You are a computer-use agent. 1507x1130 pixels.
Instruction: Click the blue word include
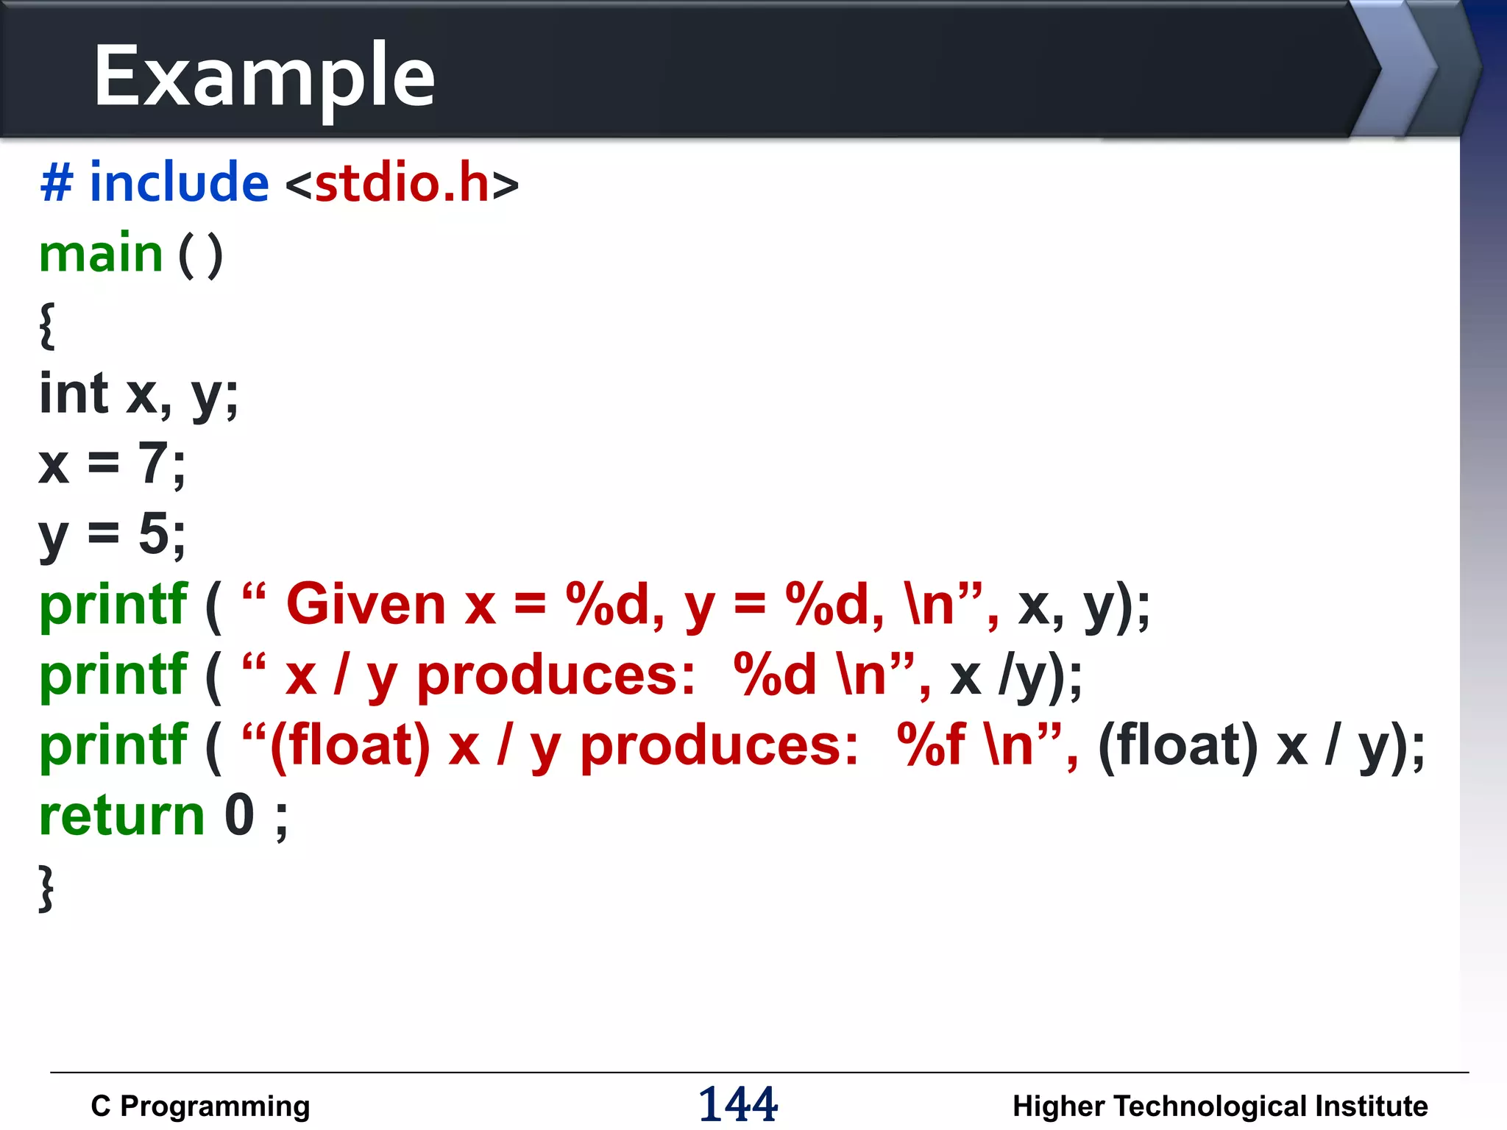[179, 182]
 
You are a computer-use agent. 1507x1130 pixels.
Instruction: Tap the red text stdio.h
[402, 183]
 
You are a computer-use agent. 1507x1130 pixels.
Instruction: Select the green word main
[101, 254]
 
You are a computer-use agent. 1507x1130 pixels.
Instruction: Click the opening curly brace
[47, 324]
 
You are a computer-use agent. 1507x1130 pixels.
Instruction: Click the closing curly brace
[46, 888]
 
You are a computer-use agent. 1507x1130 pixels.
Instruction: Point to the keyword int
[74, 394]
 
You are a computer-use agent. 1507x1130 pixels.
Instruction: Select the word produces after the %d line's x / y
[556, 675]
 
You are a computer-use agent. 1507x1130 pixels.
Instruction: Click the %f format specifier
[931, 745]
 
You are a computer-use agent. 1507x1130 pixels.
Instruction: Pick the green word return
[121, 816]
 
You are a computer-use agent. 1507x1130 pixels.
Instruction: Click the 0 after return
[239, 816]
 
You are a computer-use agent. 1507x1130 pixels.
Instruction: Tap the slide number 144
[737, 1104]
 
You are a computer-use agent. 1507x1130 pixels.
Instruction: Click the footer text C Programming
[200, 1106]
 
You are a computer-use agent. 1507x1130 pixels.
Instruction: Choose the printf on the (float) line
[113, 745]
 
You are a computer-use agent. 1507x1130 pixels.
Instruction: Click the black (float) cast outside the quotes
[1177, 745]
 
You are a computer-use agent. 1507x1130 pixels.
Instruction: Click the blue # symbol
[57, 182]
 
